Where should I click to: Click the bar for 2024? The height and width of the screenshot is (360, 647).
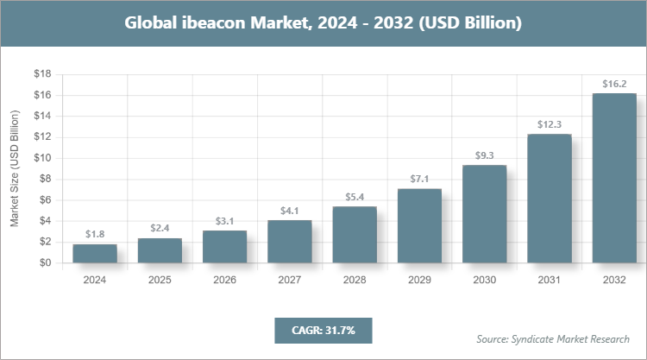[95, 254]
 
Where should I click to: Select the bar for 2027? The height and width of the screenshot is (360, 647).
[289, 242]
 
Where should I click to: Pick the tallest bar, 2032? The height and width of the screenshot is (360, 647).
[614, 178]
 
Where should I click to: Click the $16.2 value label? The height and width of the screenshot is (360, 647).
[614, 85]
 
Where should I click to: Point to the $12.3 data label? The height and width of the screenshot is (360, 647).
[550, 125]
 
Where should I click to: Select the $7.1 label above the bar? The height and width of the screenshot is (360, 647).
[419, 180]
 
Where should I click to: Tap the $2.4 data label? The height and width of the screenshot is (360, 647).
[160, 229]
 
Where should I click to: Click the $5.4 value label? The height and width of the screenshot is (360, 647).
[355, 198]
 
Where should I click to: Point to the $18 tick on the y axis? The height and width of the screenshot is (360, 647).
[42, 74]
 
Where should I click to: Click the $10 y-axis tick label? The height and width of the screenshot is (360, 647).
[42, 158]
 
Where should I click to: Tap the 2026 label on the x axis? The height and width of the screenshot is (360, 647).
[224, 280]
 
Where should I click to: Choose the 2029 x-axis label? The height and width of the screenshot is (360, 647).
[419, 280]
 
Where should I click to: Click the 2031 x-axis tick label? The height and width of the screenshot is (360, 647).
[550, 280]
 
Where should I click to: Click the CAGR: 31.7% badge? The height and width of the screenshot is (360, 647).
[323, 330]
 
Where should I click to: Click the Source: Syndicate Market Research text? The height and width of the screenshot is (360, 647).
[552, 338]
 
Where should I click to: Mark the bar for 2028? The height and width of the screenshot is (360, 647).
[355, 235]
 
